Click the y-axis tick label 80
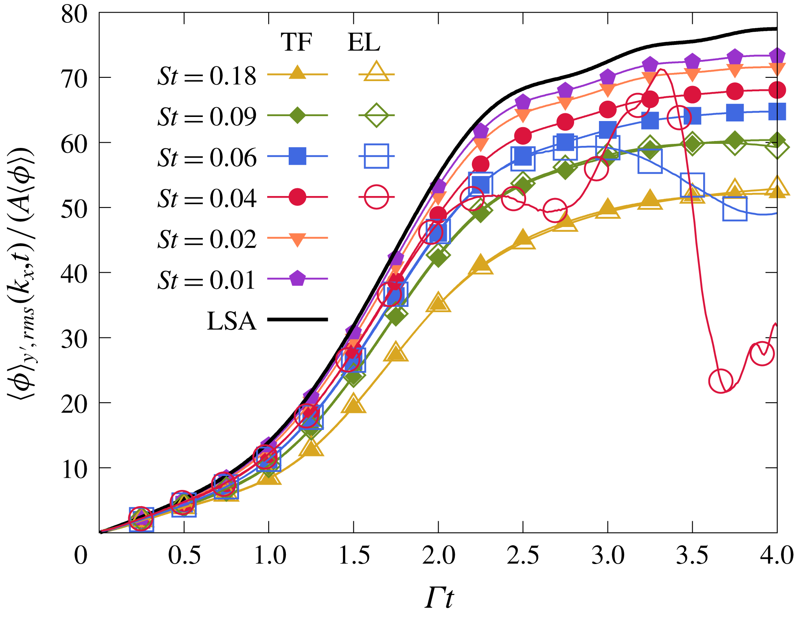pos(74,15)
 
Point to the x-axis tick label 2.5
pos(523,555)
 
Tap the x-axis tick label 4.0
pos(776,555)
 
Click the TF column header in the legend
pos(296,42)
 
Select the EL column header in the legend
pos(364,42)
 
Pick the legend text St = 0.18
pos(207,76)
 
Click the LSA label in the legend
pos(232,321)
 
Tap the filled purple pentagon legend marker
pos(297,279)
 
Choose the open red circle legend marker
pos(376,197)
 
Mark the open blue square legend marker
pos(376,156)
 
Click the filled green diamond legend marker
pos(297,115)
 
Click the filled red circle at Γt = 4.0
pos(777,90)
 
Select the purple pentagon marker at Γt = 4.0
pos(777,55)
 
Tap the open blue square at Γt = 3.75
pos(735,209)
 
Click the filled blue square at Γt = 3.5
pos(692,116)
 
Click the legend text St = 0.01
pos(207,280)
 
